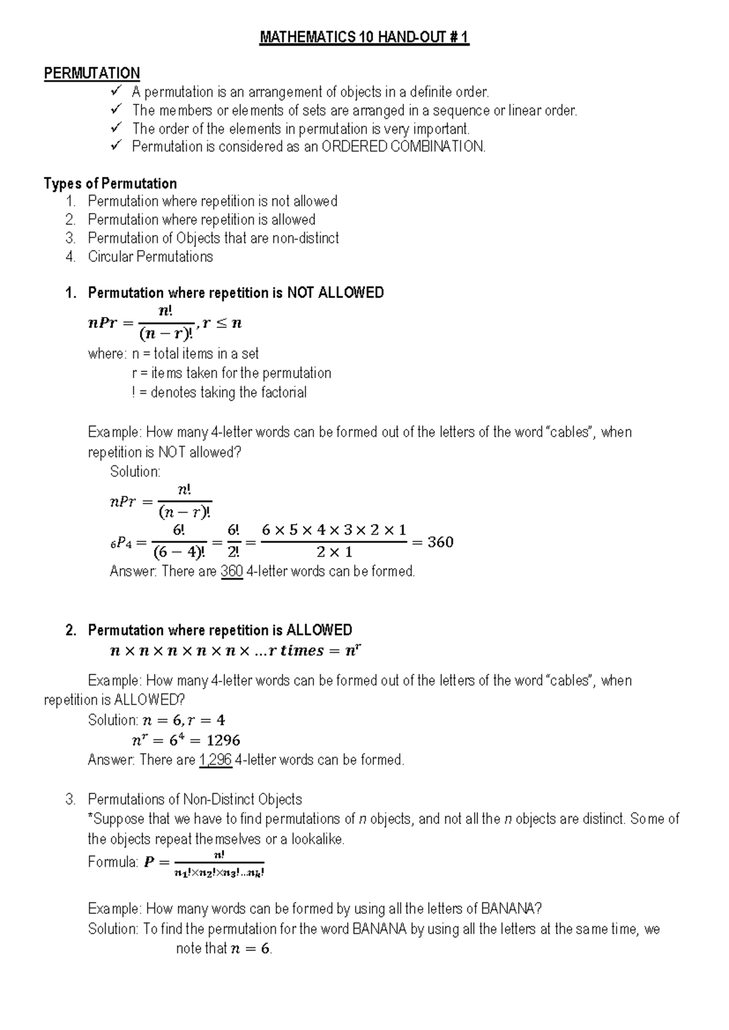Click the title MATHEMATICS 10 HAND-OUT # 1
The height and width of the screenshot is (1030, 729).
364,38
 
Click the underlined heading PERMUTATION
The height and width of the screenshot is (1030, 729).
92,73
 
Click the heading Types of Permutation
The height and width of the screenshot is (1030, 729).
110,183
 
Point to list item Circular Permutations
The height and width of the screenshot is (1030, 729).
150,256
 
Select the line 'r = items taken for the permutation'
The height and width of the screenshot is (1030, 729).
231,373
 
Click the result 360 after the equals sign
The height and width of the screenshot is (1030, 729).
440,542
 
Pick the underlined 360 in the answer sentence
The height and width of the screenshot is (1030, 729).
232,571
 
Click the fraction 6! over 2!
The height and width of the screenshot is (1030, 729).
233,541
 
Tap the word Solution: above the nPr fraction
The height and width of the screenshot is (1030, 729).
135,471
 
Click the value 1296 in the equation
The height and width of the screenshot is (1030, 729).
223,740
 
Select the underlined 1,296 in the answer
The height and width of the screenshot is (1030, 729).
216,760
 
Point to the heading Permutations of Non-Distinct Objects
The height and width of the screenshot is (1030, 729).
195,799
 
